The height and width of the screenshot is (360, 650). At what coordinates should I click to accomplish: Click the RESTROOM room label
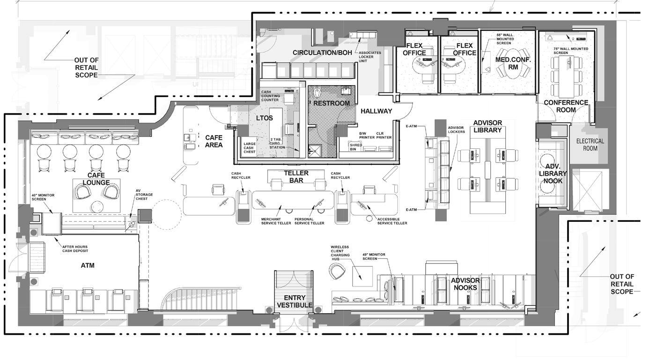click(332, 103)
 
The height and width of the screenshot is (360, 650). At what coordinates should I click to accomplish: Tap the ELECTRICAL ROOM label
click(590, 145)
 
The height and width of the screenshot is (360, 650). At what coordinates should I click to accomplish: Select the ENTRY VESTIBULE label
click(295, 301)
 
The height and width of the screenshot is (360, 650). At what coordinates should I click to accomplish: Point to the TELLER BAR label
click(296, 176)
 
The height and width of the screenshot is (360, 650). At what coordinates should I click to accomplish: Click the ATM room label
click(88, 265)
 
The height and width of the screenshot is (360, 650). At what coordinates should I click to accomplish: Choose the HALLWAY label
click(376, 111)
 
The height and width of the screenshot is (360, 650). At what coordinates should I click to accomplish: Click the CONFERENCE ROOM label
click(566, 106)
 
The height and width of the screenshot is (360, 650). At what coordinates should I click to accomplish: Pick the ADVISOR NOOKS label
click(465, 284)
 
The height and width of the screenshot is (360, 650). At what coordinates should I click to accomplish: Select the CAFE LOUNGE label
click(96, 178)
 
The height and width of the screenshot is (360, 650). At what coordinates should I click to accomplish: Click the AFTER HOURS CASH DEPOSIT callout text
click(74, 249)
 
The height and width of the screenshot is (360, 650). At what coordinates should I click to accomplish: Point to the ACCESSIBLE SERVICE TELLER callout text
click(392, 221)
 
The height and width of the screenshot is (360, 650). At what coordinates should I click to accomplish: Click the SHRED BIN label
click(356, 147)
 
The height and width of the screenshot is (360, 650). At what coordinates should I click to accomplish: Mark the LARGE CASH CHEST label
click(250, 147)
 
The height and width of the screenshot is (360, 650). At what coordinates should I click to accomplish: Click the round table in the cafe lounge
click(98, 206)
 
